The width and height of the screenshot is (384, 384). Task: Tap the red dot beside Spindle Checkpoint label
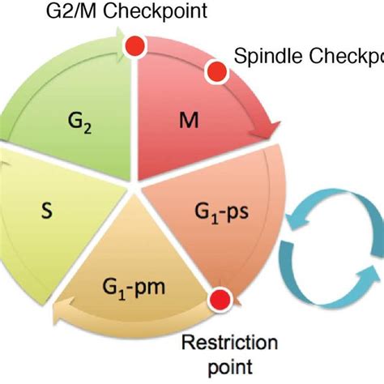point(215,74)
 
